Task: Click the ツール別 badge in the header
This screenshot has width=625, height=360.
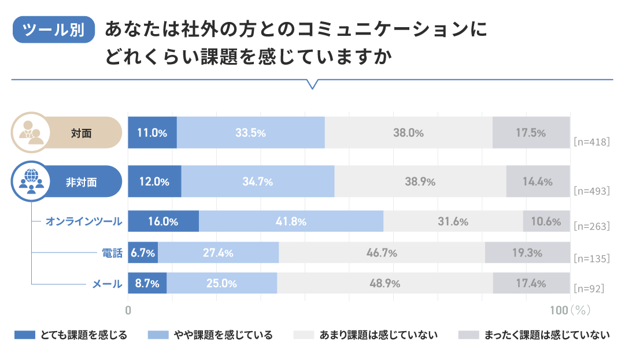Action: tap(54, 29)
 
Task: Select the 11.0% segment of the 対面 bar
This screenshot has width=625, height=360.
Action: tap(152, 132)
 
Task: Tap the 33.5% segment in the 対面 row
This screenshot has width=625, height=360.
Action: tap(250, 132)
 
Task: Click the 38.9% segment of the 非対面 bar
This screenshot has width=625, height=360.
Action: tap(420, 181)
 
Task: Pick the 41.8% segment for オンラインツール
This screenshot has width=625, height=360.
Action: tap(291, 221)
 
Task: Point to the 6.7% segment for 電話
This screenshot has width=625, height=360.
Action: tap(142, 253)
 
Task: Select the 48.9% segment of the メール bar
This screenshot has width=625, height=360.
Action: tap(384, 284)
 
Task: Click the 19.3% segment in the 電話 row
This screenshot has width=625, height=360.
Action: tap(527, 253)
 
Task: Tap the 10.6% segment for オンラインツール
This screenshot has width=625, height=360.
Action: tap(546, 221)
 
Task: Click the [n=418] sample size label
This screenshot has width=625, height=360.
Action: tap(591, 141)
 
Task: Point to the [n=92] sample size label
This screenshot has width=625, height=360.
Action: tap(588, 288)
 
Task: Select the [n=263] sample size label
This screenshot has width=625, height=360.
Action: tap(591, 226)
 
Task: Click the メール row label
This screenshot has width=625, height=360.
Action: tap(107, 284)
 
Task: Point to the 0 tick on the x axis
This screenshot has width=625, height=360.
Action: tap(128, 310)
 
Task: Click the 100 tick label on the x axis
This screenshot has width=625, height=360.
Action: tap(559, 310)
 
